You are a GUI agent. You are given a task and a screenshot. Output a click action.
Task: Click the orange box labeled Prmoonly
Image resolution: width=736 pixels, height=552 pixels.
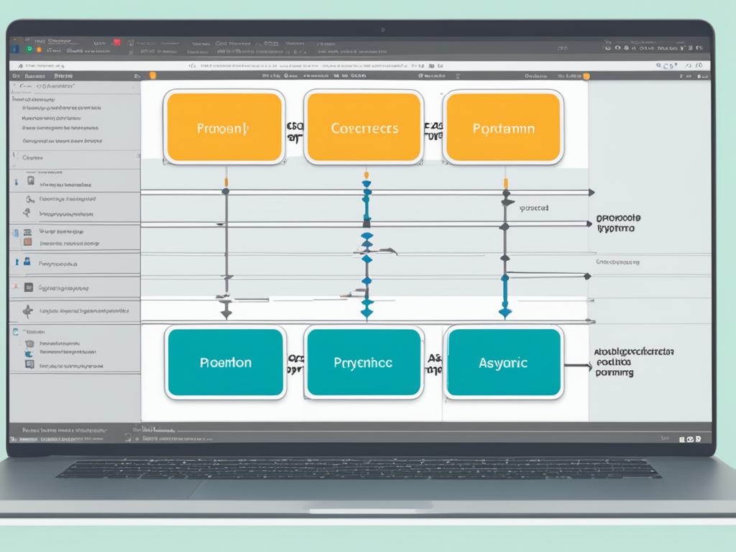click(x=224, y=127)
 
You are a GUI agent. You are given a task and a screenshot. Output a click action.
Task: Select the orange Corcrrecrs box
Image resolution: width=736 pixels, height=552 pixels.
click(x=364, y=127)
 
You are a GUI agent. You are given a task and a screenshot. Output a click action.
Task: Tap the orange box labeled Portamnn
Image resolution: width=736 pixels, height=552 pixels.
click(x=502, y=127)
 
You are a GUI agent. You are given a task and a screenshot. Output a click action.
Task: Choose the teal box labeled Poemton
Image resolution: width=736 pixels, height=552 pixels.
click(x=225, y=363)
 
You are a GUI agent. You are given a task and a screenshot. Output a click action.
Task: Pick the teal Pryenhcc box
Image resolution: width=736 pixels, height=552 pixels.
click(x=363, y=363)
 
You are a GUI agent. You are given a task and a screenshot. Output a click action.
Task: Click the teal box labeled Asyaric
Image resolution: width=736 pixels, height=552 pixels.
click(x=502, y=363)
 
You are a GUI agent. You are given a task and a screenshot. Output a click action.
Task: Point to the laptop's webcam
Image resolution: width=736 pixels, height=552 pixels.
click(x=383, y=30)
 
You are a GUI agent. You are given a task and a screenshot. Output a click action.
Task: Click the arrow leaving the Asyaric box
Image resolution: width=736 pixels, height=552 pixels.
click(x=577, y=366)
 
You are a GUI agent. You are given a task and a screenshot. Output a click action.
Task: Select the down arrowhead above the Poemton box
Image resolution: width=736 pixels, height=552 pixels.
click(x=226, y=313)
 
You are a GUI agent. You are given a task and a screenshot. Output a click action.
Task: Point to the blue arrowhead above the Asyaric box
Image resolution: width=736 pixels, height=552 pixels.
click(x=505, y=312)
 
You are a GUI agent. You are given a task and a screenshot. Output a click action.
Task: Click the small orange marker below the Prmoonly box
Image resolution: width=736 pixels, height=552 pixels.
click(x=226, y=180)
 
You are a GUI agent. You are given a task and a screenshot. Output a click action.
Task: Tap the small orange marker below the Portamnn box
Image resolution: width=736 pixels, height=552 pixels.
click(x=505, y=183)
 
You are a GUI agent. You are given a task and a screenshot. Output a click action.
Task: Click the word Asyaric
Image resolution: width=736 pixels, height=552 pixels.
click(x=503, y=363)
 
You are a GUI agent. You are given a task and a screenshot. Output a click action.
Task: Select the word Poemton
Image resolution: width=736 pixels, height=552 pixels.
click(x=225, y=363)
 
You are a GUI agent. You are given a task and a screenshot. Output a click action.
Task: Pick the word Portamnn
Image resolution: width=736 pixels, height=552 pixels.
click(x=502, y=129)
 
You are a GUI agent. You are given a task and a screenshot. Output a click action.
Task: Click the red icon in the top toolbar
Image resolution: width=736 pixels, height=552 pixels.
click(x=116, y=42)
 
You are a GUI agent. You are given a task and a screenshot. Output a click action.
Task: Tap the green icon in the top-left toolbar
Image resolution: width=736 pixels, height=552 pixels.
click(x=29, y=49)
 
